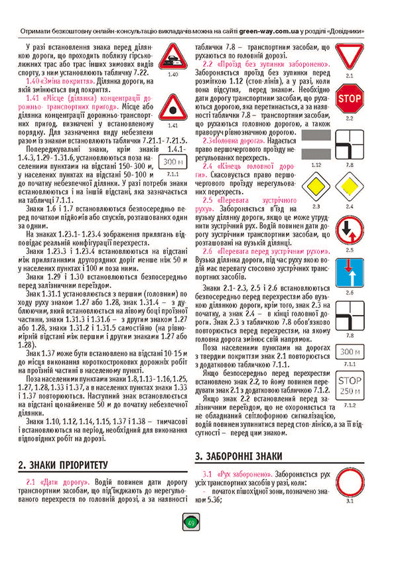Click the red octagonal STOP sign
click(x=349, y=99)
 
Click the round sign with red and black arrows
click(x=349, y=229)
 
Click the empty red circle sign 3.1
click(x=349, y=487)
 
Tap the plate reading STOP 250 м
click(x=349, y=386)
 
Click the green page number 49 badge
click(x=191, y=523)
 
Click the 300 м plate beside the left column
click(x=172, y=161)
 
